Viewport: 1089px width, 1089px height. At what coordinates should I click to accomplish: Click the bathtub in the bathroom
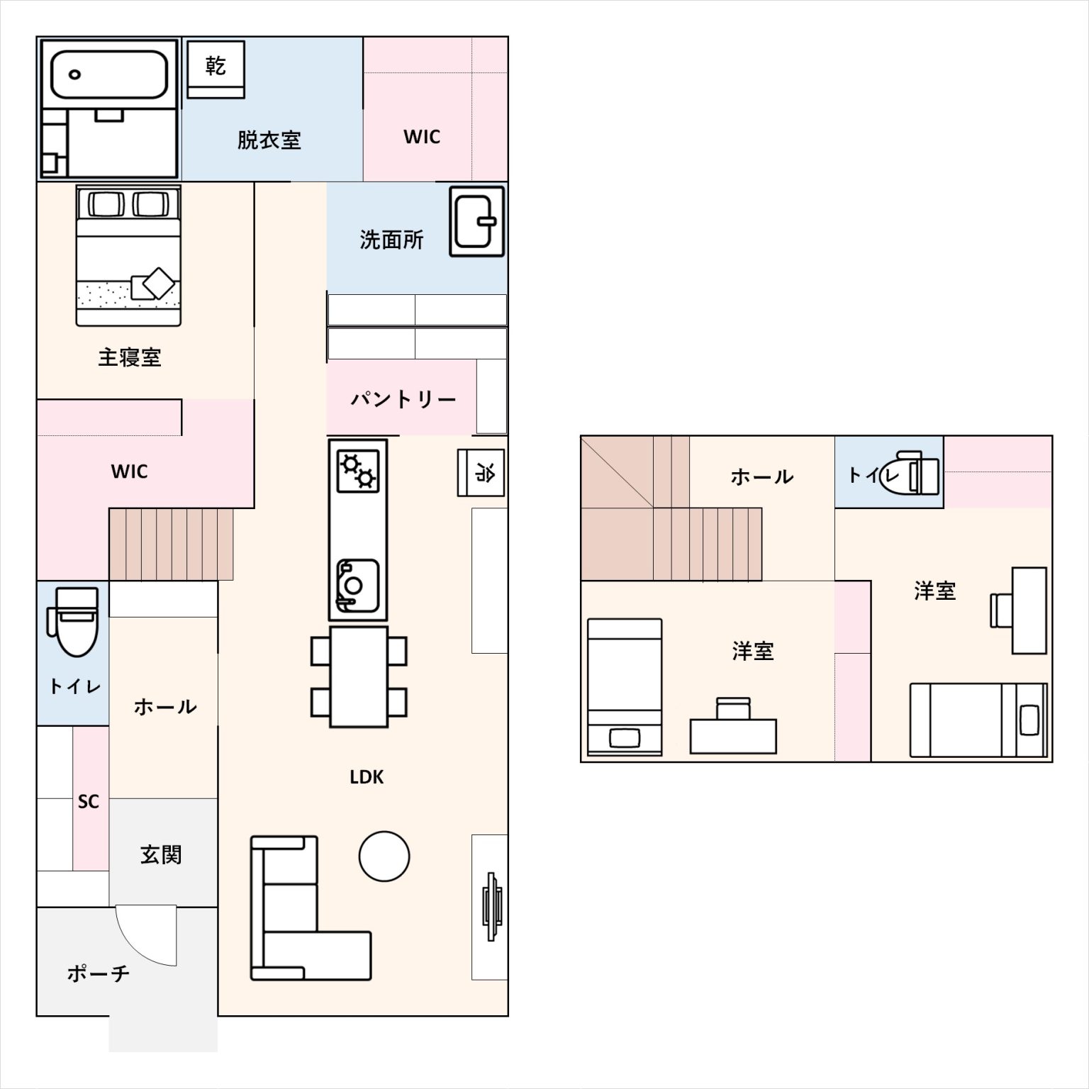(109, 74)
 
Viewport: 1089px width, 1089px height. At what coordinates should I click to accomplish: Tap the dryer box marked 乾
(216, 69)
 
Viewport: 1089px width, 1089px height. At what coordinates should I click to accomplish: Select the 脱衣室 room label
(269, 140)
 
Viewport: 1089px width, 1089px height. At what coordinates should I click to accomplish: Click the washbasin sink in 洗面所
(477, 221)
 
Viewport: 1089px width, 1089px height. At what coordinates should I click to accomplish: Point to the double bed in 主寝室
(128, 256)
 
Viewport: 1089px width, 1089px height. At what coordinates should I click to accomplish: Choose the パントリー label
(403, 399)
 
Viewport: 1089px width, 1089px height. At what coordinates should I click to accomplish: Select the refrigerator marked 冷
(481, 472)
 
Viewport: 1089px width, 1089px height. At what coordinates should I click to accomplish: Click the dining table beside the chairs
(359, 676)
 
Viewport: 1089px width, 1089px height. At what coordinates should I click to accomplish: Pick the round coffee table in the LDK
(384, 856)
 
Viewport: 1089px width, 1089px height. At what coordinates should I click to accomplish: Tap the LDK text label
(367, 777)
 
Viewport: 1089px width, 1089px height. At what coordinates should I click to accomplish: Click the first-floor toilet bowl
(72, 622)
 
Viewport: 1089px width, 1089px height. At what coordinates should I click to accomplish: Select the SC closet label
(89, 801)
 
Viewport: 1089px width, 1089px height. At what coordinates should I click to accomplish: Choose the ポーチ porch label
(99, 973)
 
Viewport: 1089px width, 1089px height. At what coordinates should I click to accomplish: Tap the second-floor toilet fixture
(910, 472)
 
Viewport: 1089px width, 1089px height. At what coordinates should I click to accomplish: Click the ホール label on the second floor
(762, 476)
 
